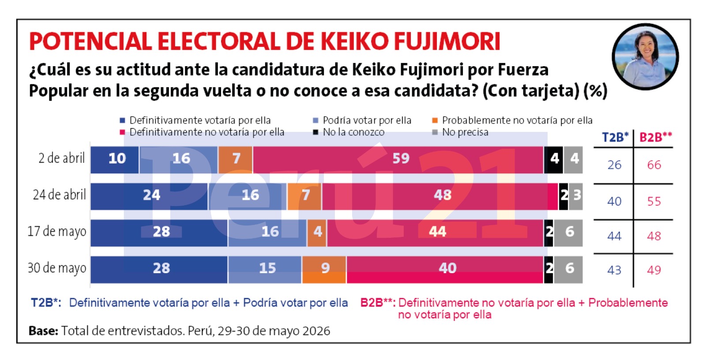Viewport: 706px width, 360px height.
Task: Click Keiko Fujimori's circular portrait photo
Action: (645, 57)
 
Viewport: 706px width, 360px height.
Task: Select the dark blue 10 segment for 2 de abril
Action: (115, 160)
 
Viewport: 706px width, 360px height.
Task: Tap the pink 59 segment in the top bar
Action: (398, 160)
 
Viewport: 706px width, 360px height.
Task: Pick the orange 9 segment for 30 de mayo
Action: (324, 270)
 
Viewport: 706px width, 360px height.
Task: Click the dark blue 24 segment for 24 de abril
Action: (150, 196)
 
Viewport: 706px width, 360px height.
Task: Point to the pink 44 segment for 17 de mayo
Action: (436, 233)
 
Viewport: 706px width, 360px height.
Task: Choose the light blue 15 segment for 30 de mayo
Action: (265, 270)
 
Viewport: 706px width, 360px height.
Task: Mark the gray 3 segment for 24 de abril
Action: (576, 196)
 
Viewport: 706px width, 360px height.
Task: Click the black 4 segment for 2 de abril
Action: (554, 160)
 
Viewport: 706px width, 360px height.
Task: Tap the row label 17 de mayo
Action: (57, 232)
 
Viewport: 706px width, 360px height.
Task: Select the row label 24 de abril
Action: (60, 195)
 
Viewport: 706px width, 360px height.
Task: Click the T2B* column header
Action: (615, 138)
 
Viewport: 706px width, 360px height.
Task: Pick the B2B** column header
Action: (656, 138)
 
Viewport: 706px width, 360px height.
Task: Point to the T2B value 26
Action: (615, 165)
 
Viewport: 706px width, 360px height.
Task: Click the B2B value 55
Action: (654, 202)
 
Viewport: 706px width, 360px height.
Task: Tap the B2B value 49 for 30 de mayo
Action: (654, 270)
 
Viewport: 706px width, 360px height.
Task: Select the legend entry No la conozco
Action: (349, 132)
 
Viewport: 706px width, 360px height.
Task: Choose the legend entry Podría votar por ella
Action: (362, 120)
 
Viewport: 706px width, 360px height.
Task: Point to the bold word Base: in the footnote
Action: (44, 331)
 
